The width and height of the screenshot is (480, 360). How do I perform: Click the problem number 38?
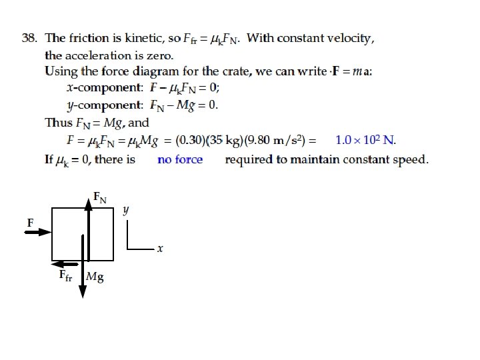(29, 38)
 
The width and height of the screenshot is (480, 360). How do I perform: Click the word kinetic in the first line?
(142, 38)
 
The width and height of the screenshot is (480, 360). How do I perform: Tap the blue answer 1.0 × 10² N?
(365, 140)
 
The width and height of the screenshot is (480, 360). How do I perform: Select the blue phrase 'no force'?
(180, 159)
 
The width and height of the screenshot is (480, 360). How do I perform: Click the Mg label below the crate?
(95, 276)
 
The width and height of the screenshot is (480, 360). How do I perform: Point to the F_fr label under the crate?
(65, 275)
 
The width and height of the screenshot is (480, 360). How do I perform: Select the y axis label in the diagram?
(126, 210)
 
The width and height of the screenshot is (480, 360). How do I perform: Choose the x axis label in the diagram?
(160, 249)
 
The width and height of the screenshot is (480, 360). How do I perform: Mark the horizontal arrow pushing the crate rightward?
(39, 232)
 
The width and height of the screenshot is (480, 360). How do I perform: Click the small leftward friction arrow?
(61, 263)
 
